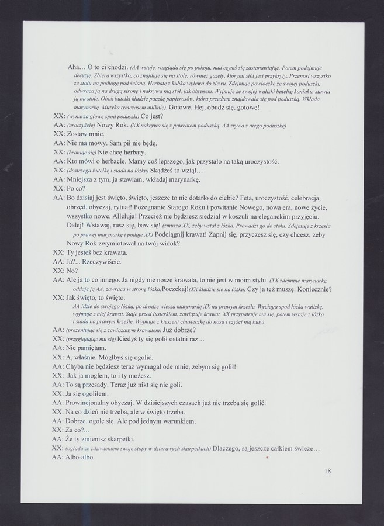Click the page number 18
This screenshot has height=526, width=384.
(327, 470)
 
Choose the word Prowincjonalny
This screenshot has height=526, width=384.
(96, 403)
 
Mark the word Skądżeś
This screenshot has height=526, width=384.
(174, 171)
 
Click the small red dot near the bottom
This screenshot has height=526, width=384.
(267, 459)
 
